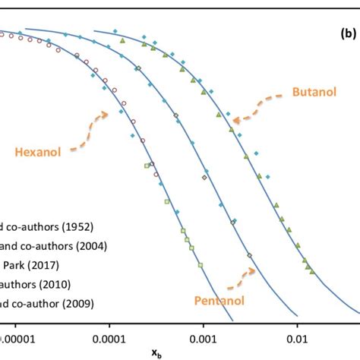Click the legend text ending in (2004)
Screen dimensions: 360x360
(53, 245)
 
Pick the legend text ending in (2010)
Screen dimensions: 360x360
(35, 286)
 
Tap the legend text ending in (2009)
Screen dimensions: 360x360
(45, 305)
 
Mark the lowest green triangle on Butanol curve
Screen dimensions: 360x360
(311, 270)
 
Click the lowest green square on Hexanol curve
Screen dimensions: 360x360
(201, 265)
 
